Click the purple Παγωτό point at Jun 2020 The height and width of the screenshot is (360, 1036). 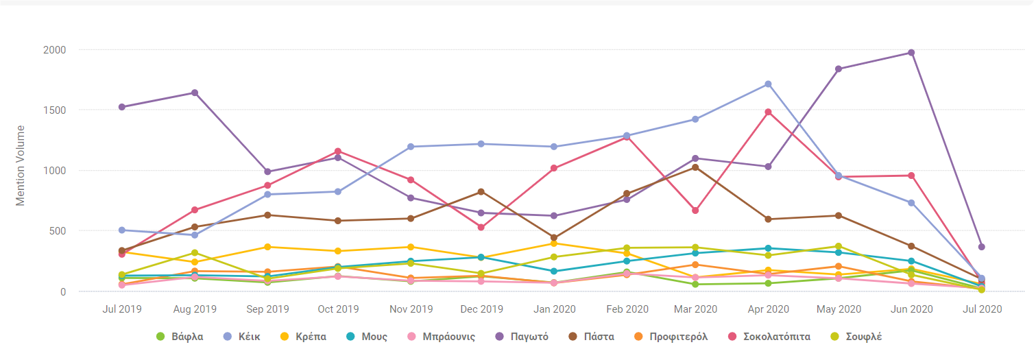911,53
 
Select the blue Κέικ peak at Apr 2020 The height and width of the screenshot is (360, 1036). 768,84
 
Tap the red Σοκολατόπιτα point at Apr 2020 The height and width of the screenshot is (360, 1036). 768,112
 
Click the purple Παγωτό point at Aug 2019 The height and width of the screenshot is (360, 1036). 195,93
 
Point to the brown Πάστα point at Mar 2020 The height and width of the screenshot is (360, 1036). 696,167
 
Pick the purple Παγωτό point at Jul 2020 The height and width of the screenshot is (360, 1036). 982,247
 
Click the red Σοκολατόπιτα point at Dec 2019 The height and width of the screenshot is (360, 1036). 481,227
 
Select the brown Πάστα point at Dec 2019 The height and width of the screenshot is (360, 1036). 481,191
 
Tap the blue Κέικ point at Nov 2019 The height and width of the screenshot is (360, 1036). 410,147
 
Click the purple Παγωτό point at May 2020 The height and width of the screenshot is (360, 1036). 839,69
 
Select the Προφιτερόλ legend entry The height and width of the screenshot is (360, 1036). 671,337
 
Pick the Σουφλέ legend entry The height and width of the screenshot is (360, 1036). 858,337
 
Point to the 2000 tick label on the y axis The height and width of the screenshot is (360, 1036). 55,50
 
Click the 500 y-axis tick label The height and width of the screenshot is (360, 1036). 58,231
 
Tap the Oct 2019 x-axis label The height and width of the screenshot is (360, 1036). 338,309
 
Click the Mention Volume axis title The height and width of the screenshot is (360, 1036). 21,165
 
